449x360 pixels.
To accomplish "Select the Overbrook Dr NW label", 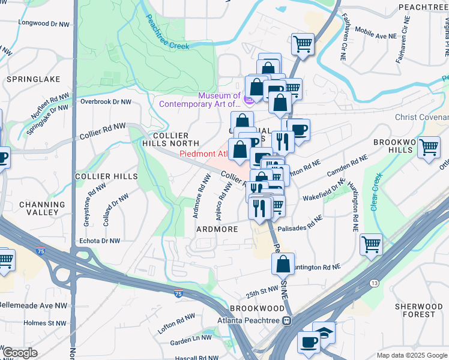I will (x=106, y=102).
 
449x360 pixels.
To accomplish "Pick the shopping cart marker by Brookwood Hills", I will (x=429, y=147).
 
